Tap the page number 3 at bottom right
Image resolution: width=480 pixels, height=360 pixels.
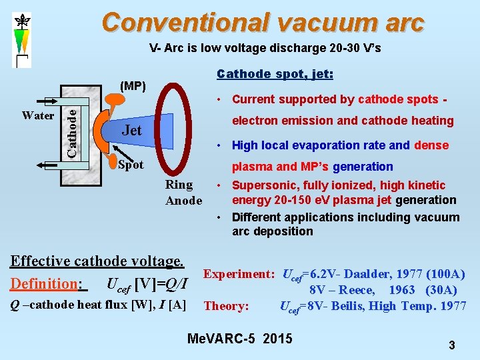click(x=451, y=345)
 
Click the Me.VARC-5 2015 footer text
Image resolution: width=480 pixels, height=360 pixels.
click(x=240, y=339)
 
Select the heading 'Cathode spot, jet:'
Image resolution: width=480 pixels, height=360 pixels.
click(x=275, y=74)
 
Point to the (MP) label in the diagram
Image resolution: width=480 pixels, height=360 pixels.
click(x=132, y=86)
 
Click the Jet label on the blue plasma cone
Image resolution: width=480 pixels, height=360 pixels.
click(x=131, y=131)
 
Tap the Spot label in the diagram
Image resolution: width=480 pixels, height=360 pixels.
click(x=130, y=165)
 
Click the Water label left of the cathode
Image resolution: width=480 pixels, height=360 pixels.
click(x=38, y=115)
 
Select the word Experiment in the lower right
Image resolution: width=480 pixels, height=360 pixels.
click(x=239, y=274)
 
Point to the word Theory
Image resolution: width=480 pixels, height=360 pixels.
click(x=226, y=306)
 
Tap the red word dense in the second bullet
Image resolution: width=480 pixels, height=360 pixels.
click(x=431, y=145)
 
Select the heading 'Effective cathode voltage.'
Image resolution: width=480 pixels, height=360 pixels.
click(x=97, y=261)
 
